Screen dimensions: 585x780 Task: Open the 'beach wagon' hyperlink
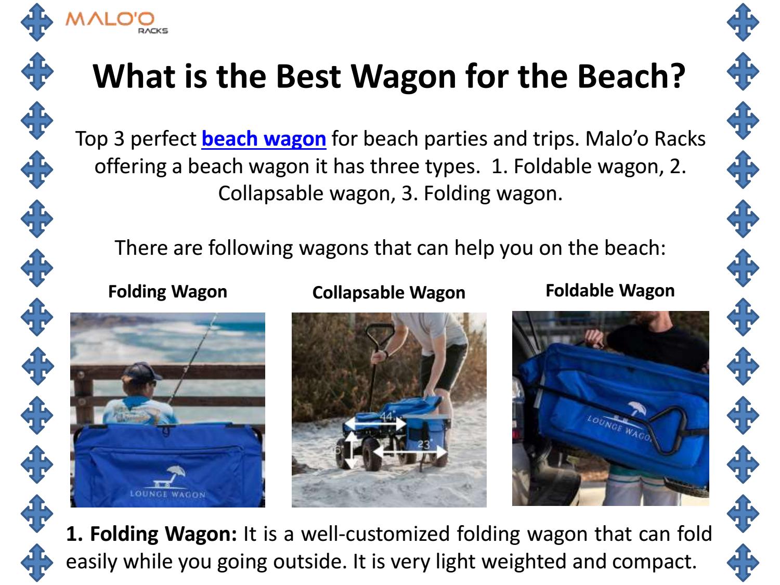tap(264, 139)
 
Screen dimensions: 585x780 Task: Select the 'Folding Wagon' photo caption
tap(167, 291)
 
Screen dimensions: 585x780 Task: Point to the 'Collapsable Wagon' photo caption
tap(388, 293)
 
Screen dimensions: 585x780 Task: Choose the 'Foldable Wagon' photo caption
tap(610, 290)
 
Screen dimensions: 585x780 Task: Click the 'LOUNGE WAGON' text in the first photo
tap(167, 493)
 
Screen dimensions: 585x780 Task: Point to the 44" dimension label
tap(387, 417)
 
